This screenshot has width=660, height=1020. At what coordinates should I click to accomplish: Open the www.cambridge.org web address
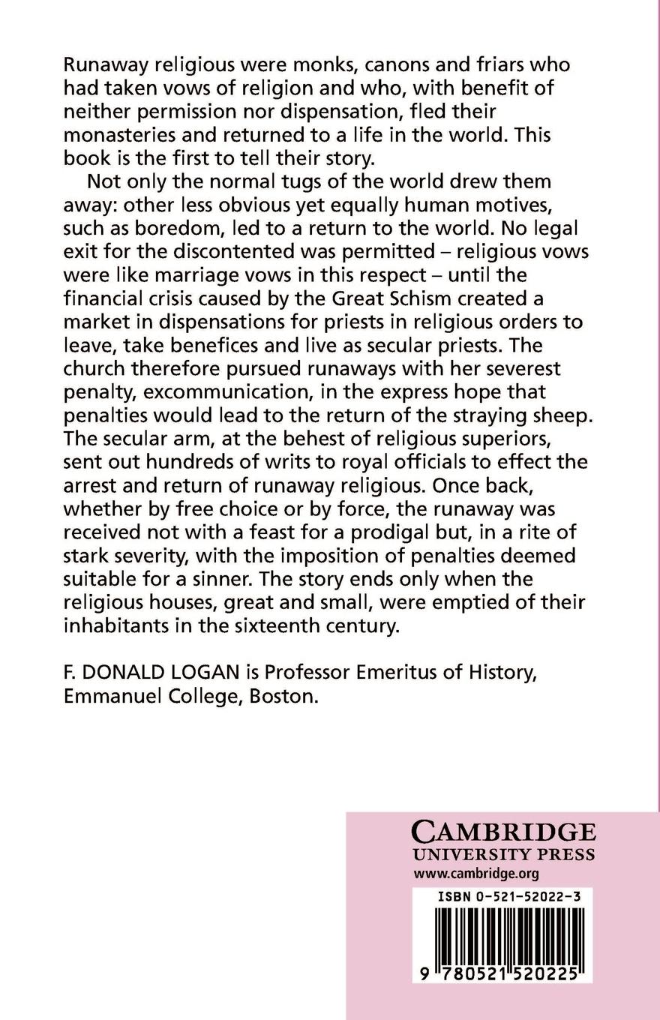(x=476, y=874)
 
